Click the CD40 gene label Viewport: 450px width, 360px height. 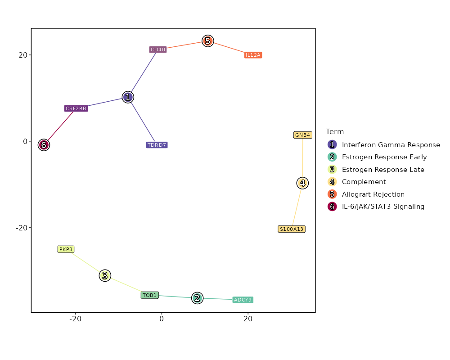click(x=158, y=49)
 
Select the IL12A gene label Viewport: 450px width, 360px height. click(x=253, y=55)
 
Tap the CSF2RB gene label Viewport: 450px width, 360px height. click(x=76, y=108)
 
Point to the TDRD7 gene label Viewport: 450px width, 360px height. click(x=157, y=145)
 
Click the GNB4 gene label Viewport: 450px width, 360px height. click(x=302, y=135)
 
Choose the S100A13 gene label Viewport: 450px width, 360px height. click(x=292, y=229)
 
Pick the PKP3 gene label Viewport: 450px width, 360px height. click(x=66, y=249)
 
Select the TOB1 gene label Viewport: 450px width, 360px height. click(x=149, y=295)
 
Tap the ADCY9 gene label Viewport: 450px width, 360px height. click(x=243, y=300)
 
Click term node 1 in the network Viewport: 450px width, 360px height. click(x=128, y=97)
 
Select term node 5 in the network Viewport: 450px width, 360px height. click(x=207, y=41)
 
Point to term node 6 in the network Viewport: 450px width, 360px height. click(x=43, y=145)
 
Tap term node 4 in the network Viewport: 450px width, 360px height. click(x=302, y=183)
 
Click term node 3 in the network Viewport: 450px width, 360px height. click(x=105, y=275)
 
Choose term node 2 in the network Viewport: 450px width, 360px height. click(x=197, y=298)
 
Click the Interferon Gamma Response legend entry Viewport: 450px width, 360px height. click(x=391, y=145)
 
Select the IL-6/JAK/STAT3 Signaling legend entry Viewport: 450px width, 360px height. click(x=383, y=207)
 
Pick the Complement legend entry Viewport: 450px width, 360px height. click(x=364, y=182)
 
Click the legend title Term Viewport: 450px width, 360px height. click(x=335, y=132)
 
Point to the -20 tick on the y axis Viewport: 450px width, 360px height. click(x=22, y=228)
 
